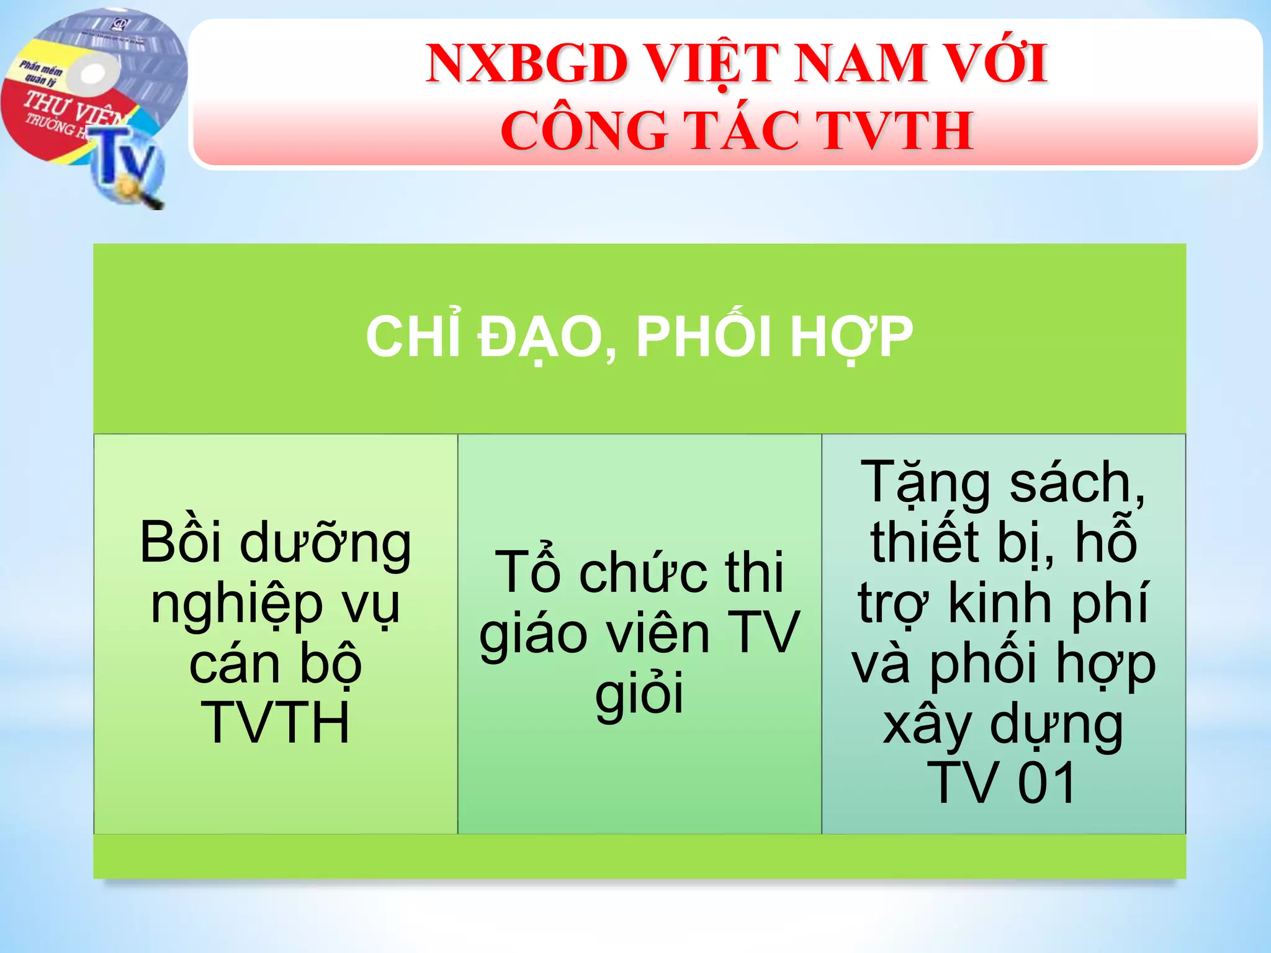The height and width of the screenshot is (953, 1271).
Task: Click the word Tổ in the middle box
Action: (528, 572)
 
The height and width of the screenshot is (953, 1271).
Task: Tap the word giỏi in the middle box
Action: (639, 693)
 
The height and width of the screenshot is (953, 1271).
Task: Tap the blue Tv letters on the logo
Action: (127, 158)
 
